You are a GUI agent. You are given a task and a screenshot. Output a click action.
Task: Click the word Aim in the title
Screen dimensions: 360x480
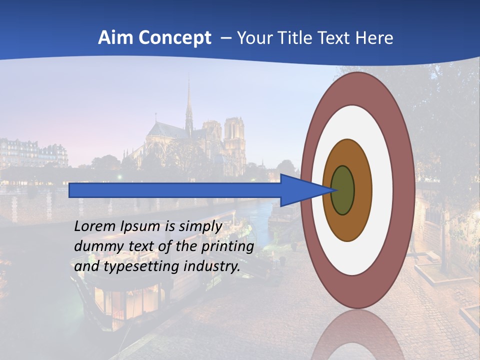pos(115,38)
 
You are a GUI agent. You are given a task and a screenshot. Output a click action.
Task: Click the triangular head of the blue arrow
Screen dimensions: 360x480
pos(300,190)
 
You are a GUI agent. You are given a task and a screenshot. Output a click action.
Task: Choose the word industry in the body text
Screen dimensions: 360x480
pos(211,267)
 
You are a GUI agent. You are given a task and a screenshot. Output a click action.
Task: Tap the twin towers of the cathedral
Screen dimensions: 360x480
pos(234,135)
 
